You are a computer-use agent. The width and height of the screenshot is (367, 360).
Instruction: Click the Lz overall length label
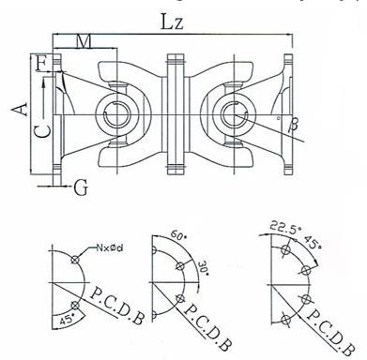coord(172,22)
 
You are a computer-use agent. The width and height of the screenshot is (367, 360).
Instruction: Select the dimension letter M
coord(84,41)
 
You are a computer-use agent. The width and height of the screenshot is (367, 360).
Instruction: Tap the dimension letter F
coord(41,64)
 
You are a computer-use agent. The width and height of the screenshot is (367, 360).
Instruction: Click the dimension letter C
coord(42,130)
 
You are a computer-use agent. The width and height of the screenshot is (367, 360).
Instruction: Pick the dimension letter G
coord(81,187)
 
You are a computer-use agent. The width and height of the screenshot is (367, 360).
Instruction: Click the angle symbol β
coord(293,124)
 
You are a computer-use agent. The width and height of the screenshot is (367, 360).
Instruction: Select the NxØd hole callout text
coord(110,248)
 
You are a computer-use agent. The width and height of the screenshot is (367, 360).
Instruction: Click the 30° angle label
coord(203,268)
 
